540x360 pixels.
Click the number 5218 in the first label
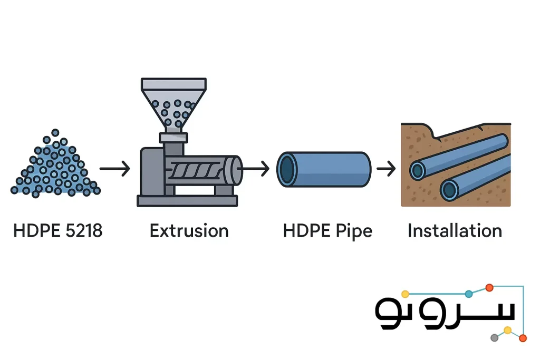84,230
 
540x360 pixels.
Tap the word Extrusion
189,230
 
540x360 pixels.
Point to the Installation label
455,230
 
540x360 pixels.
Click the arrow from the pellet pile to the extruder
114,169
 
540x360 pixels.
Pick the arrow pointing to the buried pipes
386,169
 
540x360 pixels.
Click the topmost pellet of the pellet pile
55,132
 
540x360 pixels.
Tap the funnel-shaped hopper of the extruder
173,105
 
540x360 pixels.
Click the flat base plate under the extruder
187,201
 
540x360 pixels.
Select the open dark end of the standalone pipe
287,169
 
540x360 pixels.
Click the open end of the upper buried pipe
418,170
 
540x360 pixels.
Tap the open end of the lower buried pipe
449,190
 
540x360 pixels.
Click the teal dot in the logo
469,294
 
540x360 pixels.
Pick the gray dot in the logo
494,338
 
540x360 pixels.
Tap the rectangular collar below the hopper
173,138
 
